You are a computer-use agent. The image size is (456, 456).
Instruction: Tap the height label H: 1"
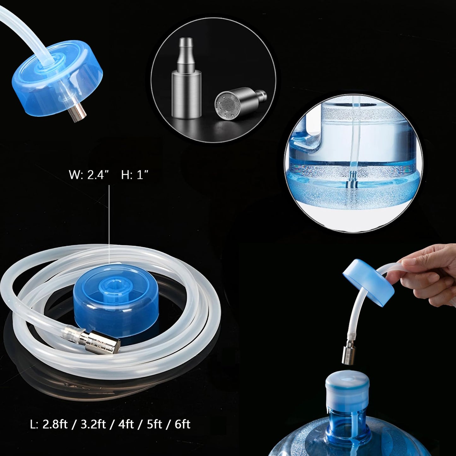tap(135, 175)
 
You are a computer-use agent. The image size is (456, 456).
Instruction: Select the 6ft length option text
tap(182, 424)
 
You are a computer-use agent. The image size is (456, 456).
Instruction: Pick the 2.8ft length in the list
tap(55, 424)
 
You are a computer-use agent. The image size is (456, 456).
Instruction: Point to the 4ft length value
tap(126, 424)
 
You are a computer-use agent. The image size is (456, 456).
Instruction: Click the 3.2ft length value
tap(93, 424)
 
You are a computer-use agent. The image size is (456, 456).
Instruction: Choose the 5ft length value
tap(155, 424)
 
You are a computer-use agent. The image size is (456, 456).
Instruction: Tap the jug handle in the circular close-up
tap(305, 136)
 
